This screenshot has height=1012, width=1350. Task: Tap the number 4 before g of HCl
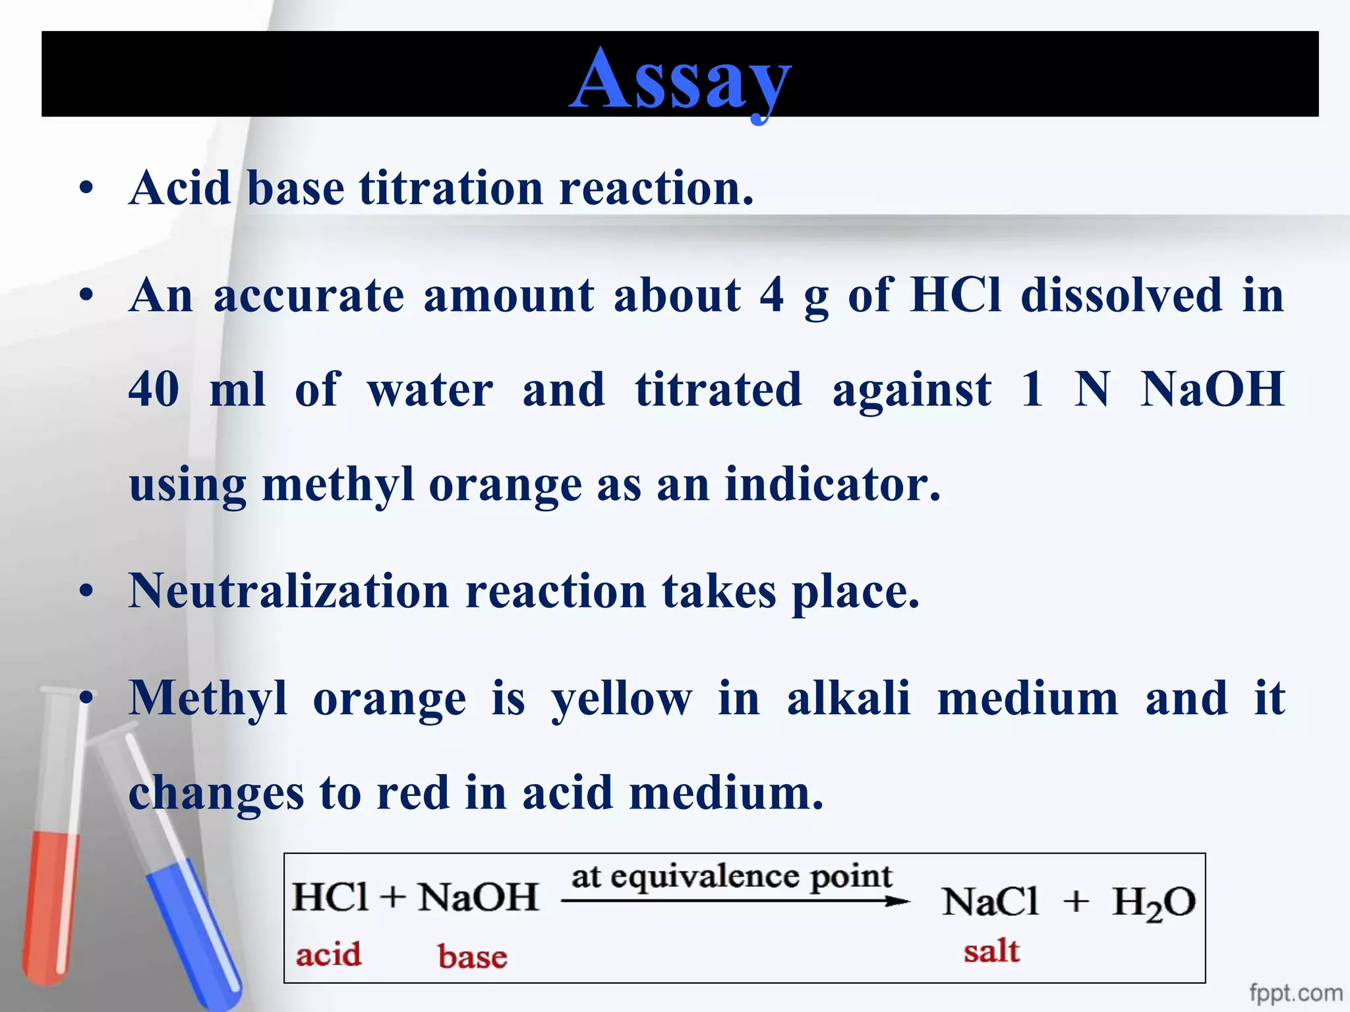771,295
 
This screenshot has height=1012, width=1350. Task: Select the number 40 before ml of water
154,389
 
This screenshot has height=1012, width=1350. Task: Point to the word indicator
832,485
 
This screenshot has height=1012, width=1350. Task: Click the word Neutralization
289,591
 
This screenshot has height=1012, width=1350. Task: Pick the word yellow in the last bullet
622,699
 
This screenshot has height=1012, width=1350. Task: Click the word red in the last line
412,793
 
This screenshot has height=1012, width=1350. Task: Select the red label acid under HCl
328,955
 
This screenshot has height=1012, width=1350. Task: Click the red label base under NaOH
473,957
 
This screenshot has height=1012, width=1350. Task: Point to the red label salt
991,952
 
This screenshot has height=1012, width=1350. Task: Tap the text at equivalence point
731,877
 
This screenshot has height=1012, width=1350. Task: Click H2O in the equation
1154,903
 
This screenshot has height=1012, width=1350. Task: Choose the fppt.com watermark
1295,992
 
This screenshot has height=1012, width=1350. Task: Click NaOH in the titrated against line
1212,389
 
